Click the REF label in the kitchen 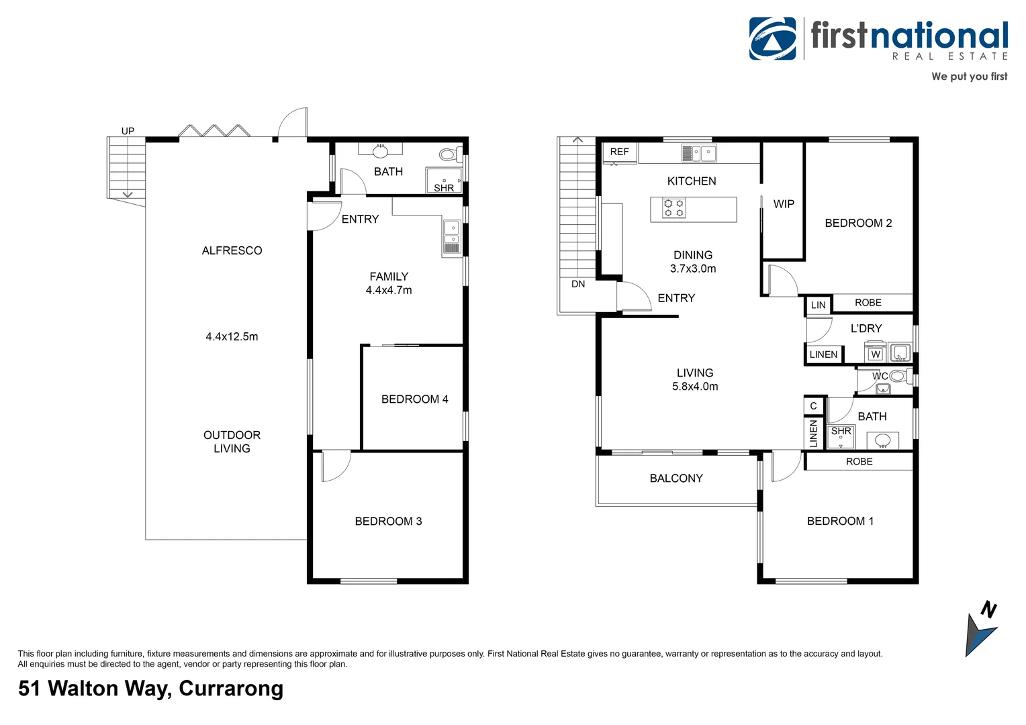619,152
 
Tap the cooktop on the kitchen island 673,208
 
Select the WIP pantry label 784,204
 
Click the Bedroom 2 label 858,224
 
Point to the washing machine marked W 875,354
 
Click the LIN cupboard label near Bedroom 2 818,305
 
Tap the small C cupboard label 813,406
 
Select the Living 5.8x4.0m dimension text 695,387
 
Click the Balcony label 676,478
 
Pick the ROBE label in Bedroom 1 859,462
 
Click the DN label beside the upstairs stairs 578,284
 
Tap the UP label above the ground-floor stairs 128,131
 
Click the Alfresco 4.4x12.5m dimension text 232,337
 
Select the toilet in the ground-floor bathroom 449,155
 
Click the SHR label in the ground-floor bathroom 444,188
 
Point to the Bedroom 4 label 414,399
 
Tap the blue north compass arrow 980,634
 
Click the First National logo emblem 772,38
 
